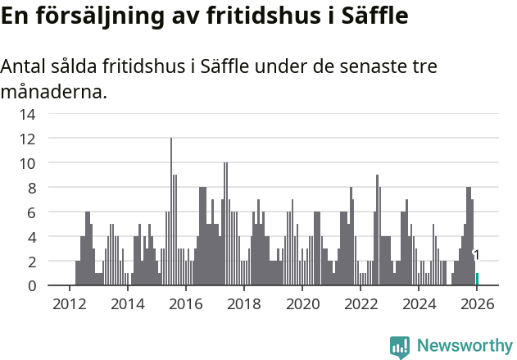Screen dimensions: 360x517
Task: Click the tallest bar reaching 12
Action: [x=171, y=212]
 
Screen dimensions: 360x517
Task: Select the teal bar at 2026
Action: [x=477, y=280]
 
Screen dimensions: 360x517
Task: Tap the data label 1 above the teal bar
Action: [x=476, y=256]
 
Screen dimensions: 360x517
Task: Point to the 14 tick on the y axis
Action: [x=27, y=114]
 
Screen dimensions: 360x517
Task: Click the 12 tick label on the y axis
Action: [x=27, y=139]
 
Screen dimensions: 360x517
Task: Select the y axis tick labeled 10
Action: [x=27, y=163]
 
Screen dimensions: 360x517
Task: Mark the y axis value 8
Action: [x=30, y=188]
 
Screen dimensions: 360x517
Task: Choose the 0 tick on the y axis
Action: [x=30, y=286]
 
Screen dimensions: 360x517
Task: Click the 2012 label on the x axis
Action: [x=69, y=304]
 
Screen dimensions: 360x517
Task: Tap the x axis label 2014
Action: [x=127, y=304]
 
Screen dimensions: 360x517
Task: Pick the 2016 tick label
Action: [x=185, y=304]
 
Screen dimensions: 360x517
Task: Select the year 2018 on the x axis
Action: [x=243, y=304]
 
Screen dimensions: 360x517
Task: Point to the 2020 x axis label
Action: [x=302, y=304]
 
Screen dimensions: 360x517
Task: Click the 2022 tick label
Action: [x=360, y=304]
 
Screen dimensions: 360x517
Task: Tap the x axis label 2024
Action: [x=418, y=304]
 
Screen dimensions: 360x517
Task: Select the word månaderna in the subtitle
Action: [x=53, y=91]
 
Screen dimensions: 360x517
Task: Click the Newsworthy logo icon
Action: [x=400, y=346]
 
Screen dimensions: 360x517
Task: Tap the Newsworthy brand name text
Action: [x=464, y=346]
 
